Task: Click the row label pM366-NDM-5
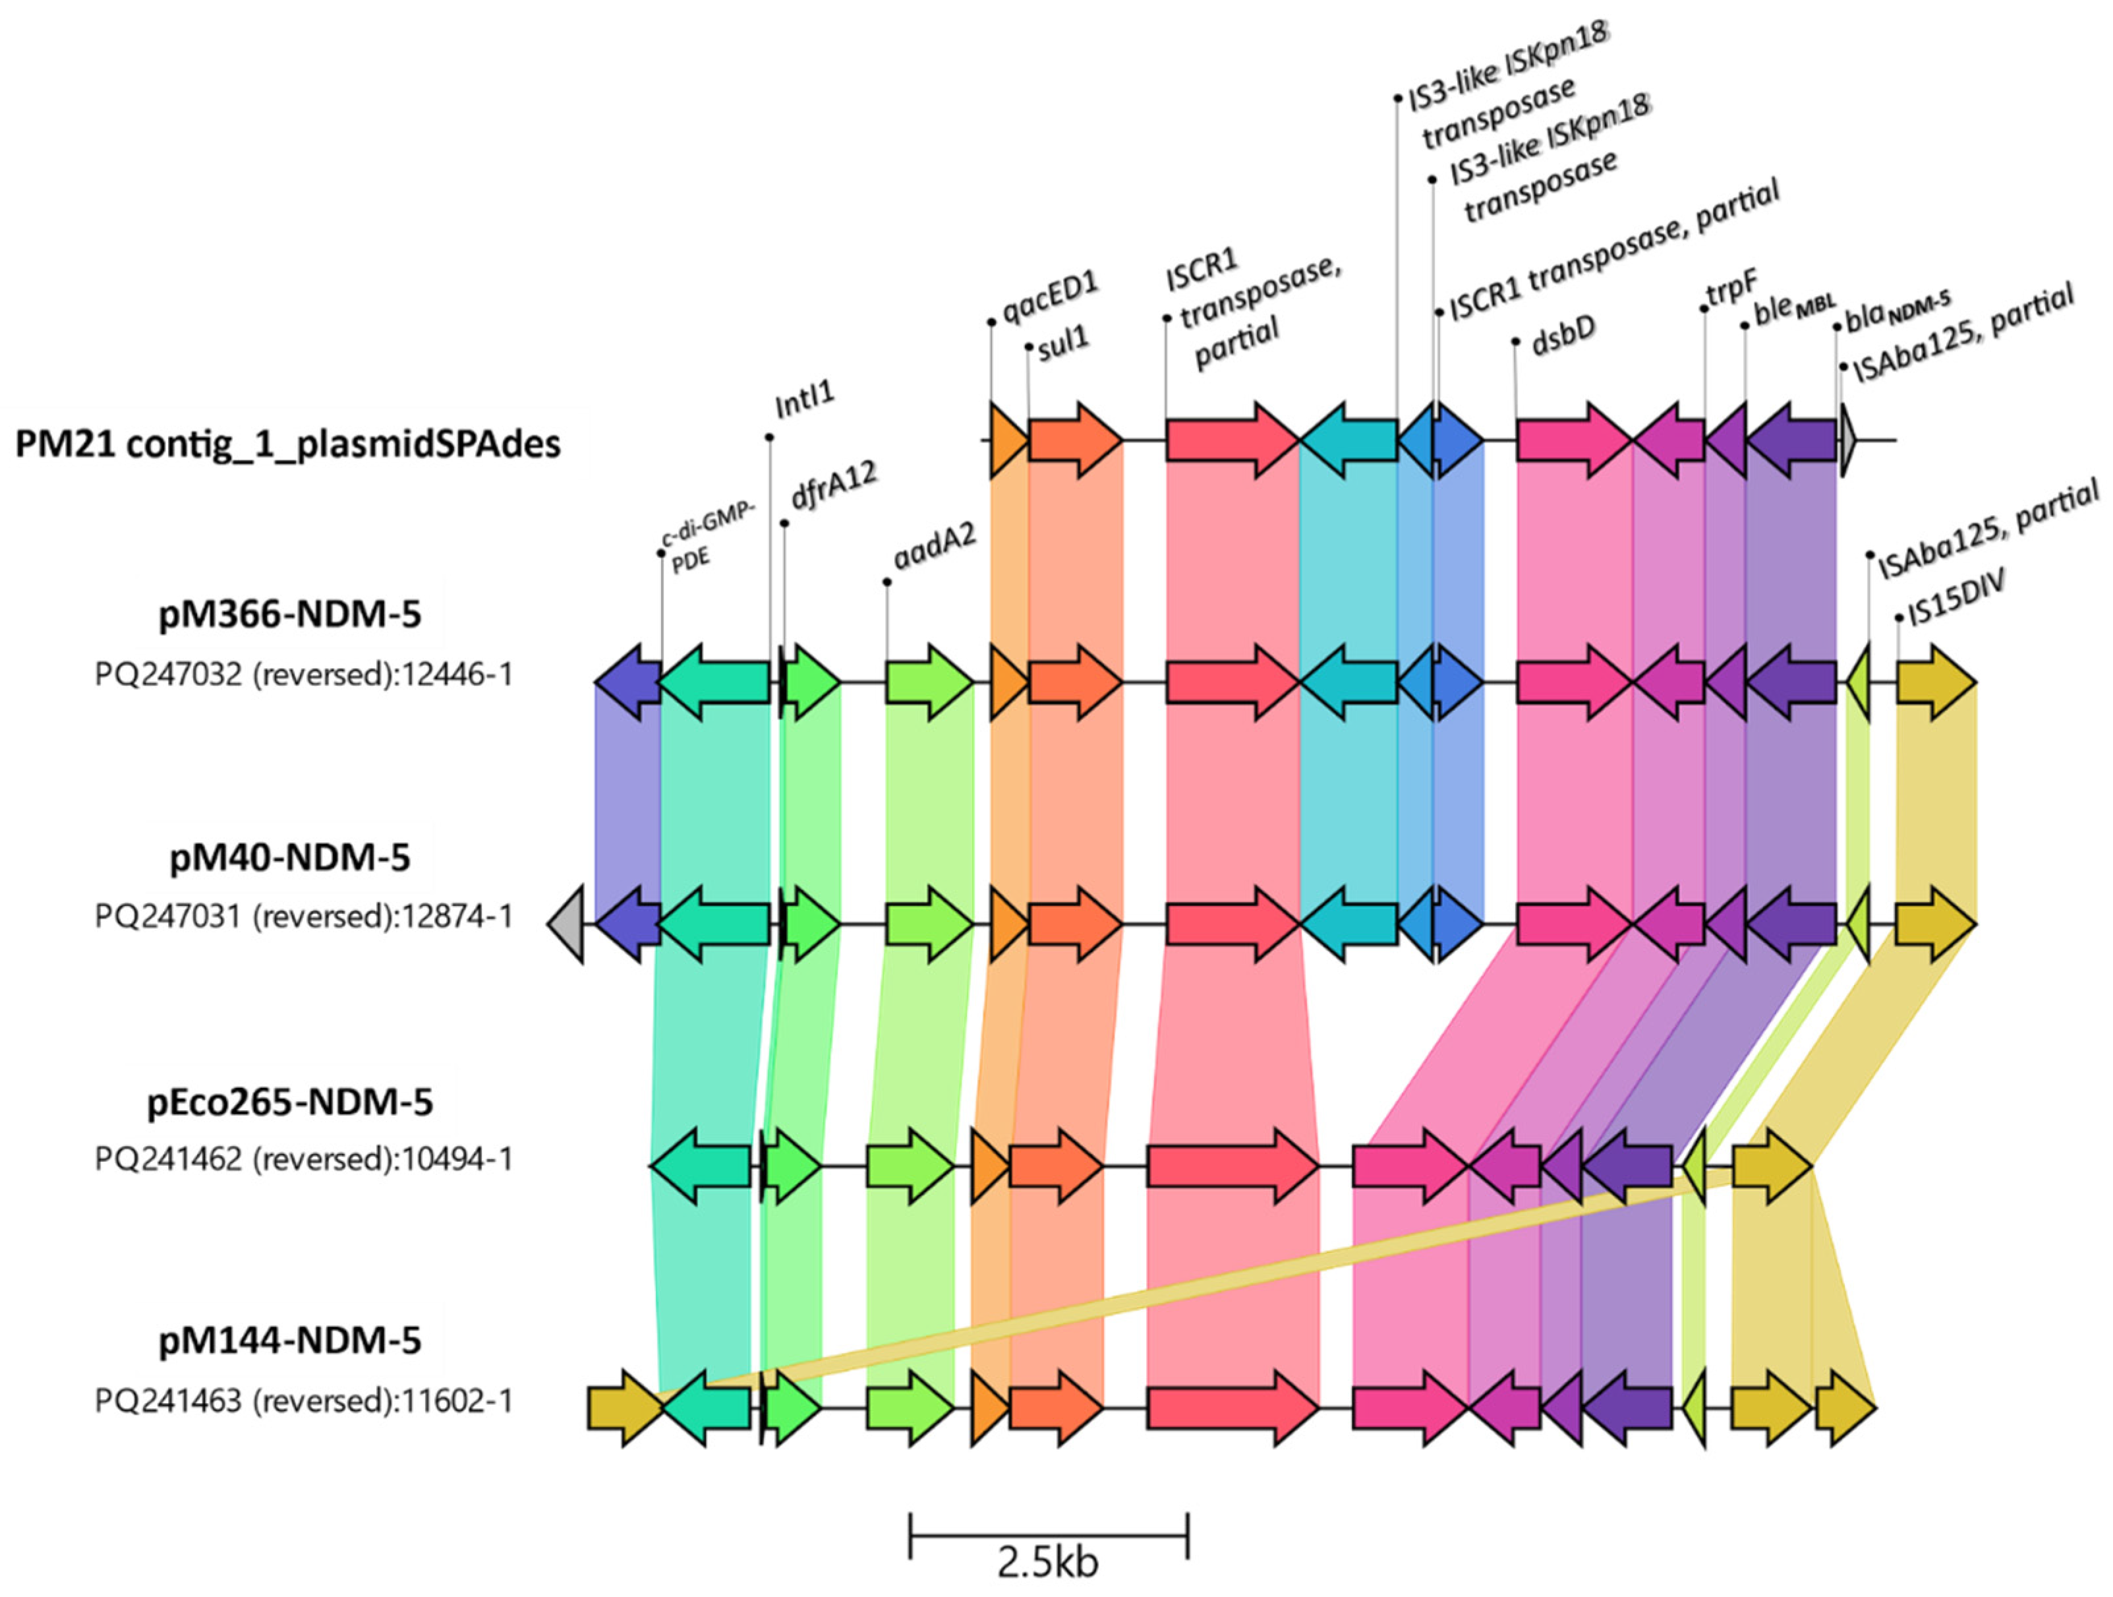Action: click(289, 614)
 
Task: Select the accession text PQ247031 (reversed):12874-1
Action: click(304, 917)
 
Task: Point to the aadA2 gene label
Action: click(934, 547)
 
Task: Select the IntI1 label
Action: click(804, 400)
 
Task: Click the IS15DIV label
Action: click(1954, 599)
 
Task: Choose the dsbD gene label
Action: click(1563, 336)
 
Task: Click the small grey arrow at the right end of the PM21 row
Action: click(1849, 440)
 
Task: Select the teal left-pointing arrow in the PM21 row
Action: click(1349, 440)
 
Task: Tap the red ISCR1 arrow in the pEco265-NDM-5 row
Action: click(1232, 1166)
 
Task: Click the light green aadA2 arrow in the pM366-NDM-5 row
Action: click(929, 682)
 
